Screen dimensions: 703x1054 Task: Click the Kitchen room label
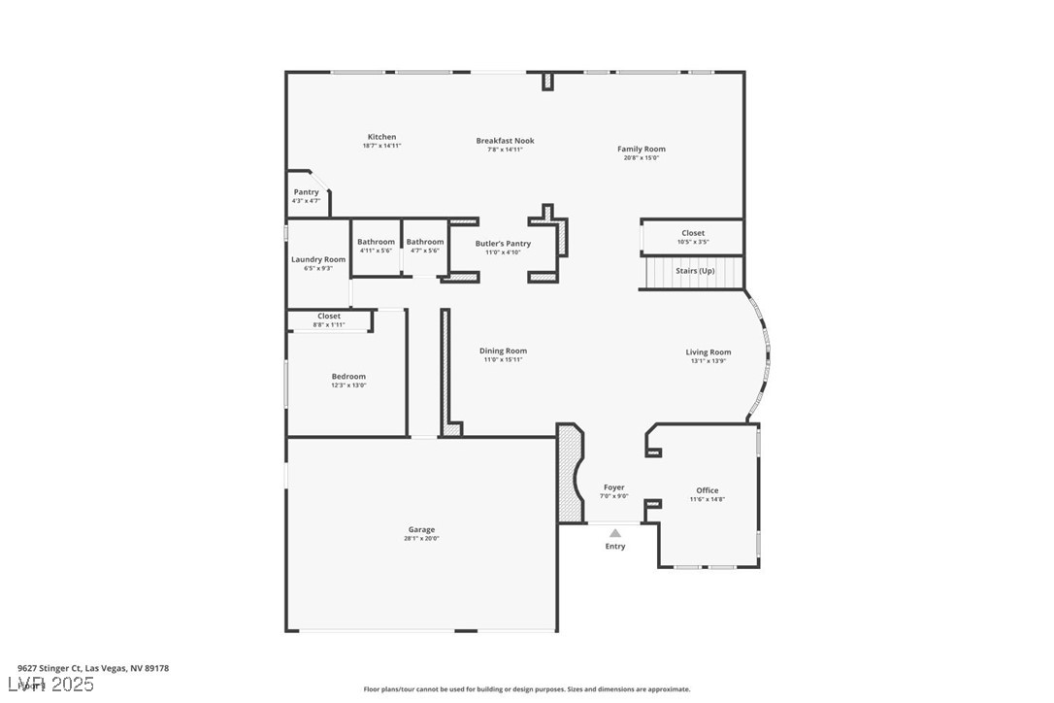point(381,137)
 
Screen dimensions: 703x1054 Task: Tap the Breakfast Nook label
point(505,141)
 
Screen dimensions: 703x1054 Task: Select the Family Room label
point(642,150)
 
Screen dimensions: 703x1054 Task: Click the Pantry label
point(306,192)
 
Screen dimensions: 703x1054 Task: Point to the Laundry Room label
point(318,259)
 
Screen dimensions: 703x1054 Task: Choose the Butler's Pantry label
point(503,244)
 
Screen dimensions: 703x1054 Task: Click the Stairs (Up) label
point(695,271)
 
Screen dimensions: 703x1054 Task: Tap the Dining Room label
point(503,351)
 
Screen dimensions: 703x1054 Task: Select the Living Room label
point(708,352)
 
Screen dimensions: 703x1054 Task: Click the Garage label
point(421,530)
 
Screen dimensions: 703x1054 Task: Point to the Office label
point(708,490)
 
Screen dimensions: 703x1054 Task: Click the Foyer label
point(614,487)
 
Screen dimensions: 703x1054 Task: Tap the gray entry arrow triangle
point(615,532)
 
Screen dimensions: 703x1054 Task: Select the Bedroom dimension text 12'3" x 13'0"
point(348,385)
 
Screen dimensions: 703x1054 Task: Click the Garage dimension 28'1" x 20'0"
point(421,539)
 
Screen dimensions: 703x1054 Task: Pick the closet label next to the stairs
point(693,233)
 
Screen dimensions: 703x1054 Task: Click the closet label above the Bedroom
point(329,317)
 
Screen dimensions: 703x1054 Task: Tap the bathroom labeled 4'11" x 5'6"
point(376,242)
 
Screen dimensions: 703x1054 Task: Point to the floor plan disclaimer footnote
point(527,689)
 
